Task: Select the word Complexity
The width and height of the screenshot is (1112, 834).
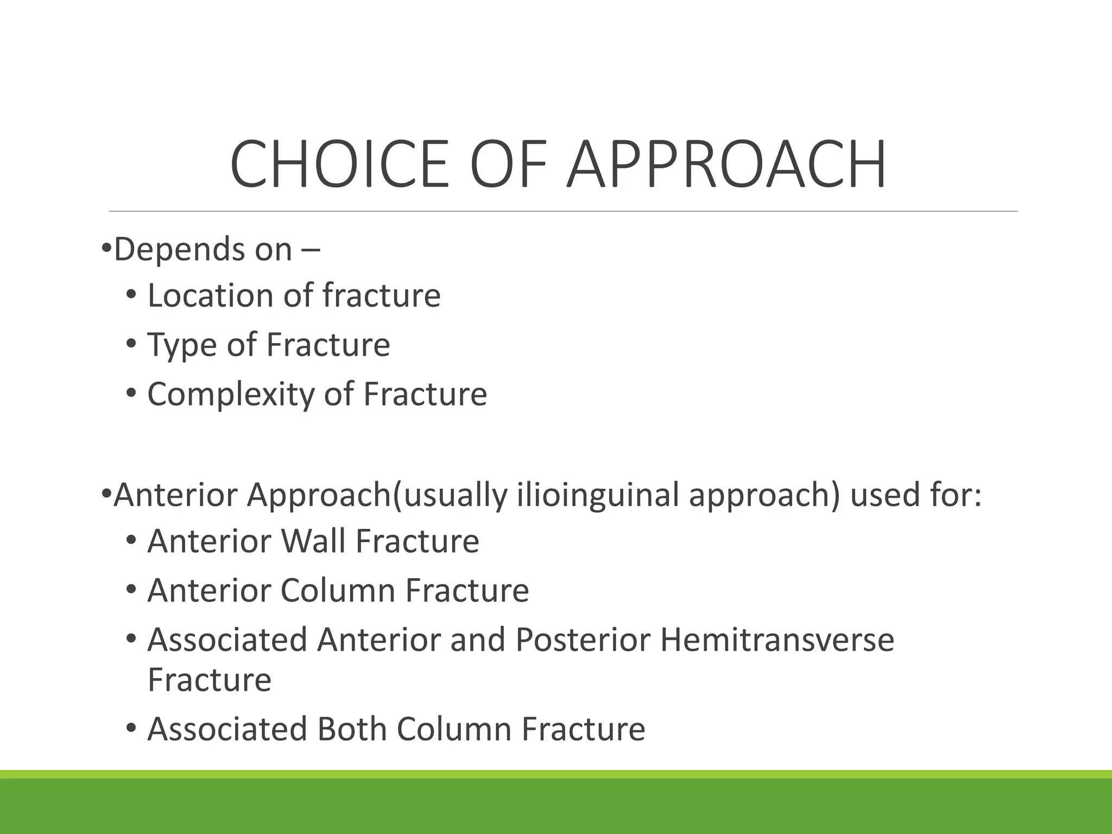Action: (x=231, y=395)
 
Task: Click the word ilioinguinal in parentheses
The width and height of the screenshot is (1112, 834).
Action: (x=597, y=495)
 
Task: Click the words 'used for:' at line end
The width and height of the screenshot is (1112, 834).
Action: (x=915, y=495)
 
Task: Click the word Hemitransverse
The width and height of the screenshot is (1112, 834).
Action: (x=776, y=640)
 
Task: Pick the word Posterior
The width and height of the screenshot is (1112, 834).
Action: (x=583, y=640)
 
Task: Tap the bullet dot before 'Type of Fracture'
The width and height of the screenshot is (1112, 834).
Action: (x=131, y=344)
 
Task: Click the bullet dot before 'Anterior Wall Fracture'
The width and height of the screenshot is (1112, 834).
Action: (x=131, y=541)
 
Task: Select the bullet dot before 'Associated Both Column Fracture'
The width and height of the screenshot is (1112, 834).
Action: (x=131, y=729)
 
